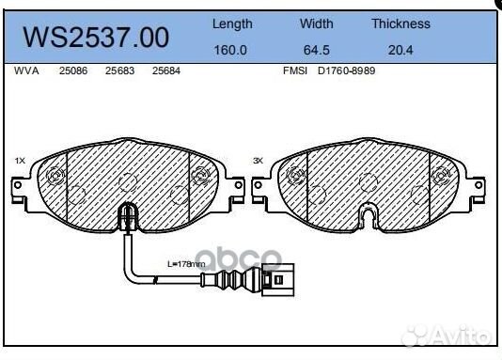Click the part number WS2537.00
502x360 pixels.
click(96, 38)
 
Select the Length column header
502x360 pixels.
click(231, 23)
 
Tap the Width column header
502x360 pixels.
click(316, 23)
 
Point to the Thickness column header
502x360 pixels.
click(400, 23)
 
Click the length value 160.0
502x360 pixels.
click(231, 50)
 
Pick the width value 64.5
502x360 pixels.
click(316, 50)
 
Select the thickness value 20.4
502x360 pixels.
click(400, 50)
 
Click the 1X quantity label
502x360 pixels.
click(20, 161)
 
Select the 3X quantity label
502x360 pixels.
click(259, 161)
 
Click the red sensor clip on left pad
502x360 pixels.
click(125, 222)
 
